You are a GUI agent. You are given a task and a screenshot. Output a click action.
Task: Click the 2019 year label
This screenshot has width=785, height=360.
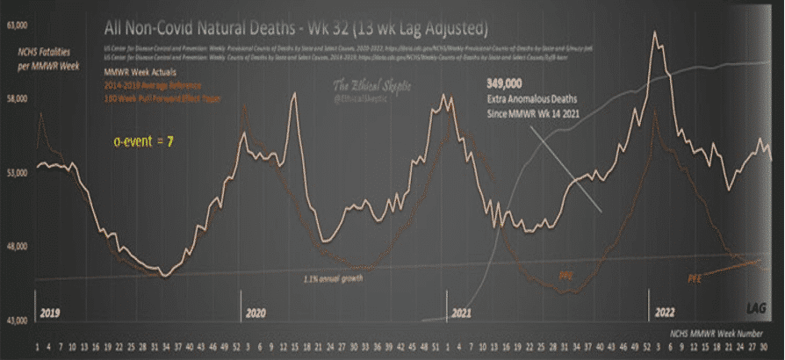[x=49, y=313]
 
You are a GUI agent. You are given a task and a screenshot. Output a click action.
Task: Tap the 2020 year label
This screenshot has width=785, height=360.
[x=256, y=313]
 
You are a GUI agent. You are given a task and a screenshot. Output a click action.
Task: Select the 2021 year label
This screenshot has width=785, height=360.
[x=462, y=313]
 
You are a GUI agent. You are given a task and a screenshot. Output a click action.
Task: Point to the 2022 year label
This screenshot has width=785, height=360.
[x=664, y=313]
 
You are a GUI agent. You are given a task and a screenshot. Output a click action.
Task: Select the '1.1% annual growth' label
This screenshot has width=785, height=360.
[x=328, y=278]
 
